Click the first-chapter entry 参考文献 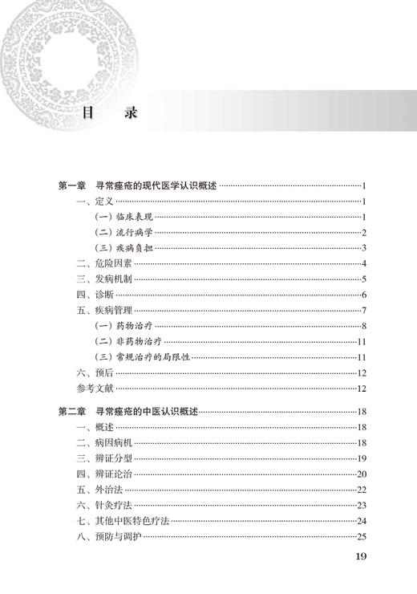95,389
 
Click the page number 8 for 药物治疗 363,326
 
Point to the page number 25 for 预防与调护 361,536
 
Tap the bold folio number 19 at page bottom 360,558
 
